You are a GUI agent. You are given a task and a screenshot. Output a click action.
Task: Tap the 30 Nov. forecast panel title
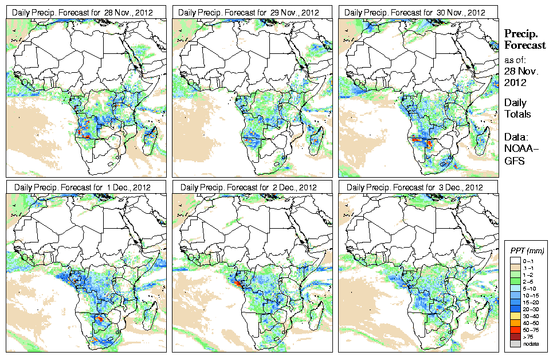click(x=416, y=12)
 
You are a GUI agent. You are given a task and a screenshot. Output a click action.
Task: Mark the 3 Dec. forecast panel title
click(x=416, y=187)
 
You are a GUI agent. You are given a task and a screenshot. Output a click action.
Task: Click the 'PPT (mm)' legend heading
click(x=527, y=251)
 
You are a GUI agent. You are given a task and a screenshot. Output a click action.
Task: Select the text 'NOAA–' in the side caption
click(x=518, y=149)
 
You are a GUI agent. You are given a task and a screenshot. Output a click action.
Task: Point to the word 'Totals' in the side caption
click(x=517, y=114)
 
